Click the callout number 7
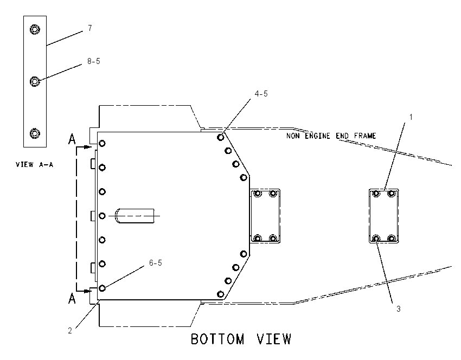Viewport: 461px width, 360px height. [x=90, y=28]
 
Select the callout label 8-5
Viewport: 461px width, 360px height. [x=94, y=61]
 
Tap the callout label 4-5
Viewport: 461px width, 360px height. [x=261, y=94]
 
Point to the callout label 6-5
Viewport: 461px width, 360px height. [x=156, y=263]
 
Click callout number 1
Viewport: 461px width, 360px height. [x=411, y=117]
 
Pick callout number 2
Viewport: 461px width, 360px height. [x=70, y=331]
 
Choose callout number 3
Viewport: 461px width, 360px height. [x=399, y=309]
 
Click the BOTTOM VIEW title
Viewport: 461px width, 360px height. [x=241, y=339]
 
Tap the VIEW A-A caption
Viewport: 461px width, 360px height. [x=34, y=165]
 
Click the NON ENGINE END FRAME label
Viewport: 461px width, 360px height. [x=331, y=136]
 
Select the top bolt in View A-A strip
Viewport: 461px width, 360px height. [x=35, y=29]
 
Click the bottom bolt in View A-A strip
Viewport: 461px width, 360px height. [x=35, y=133]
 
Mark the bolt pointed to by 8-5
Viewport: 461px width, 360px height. [x=35, y=81]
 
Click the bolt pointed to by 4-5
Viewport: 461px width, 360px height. [x=221, y=137]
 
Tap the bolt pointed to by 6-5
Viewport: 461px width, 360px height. [x=102, y=288]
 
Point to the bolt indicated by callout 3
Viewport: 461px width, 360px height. [x=376, y=239]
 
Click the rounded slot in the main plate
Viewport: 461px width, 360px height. [x=135, y=216]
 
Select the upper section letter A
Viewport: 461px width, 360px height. [x=72, y=139]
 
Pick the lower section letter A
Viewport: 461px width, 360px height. [x=72, y=299]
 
